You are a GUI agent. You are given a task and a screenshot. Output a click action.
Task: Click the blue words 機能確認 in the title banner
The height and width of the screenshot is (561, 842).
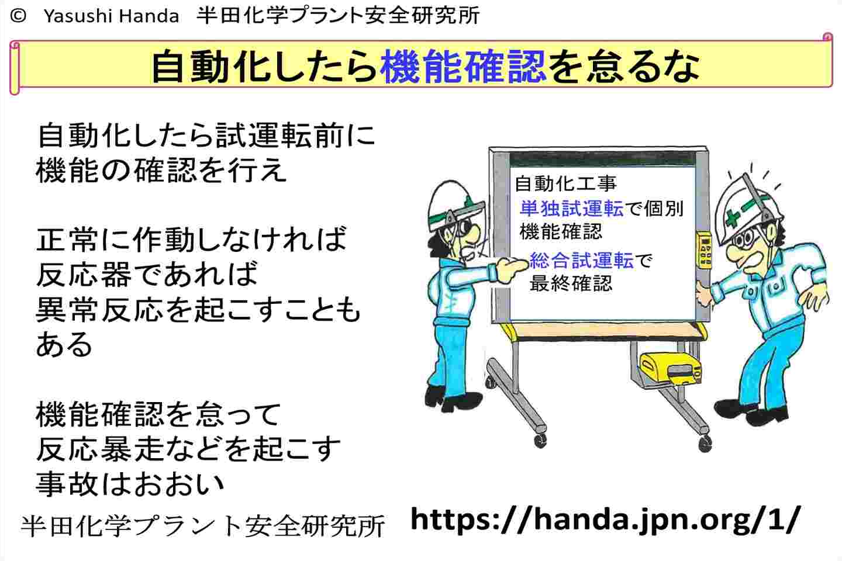tap(463, 67)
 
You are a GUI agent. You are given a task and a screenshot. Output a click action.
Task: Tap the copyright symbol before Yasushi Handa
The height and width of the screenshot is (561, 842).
tap(18, 16)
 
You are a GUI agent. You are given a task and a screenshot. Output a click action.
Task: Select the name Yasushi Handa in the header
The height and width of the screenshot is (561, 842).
tap(111, 16)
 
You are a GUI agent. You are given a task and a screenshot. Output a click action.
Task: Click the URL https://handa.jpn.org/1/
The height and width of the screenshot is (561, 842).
tap(604, 519)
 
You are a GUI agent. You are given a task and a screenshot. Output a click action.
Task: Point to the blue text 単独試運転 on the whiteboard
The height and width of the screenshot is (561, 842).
tap(571, 208)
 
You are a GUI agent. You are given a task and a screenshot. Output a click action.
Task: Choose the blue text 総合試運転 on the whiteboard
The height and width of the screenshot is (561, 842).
tap(582, 260)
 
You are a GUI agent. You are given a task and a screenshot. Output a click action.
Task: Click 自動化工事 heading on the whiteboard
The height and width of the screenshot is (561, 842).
tap(566, 183)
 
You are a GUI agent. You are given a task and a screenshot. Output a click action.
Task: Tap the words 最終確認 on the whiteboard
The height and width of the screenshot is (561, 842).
tap(571, 283)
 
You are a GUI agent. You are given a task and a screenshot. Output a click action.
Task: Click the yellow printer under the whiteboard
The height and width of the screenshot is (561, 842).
tap(670, 370)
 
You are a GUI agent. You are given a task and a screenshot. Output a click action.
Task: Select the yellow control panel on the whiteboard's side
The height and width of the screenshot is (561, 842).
tap(703, 251)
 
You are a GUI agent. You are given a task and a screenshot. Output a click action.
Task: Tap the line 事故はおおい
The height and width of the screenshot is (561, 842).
tap(130, 483)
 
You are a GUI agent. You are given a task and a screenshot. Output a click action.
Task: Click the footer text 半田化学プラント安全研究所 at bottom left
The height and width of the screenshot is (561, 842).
tap(203, 526)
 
